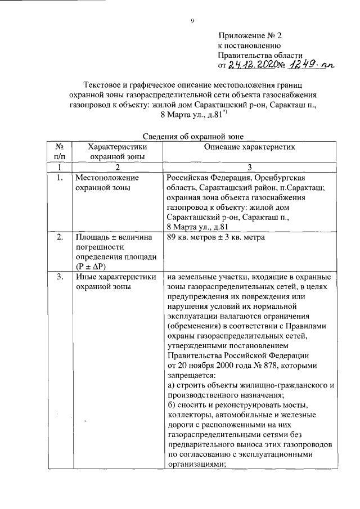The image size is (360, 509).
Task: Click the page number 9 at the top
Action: click(x=192, y=21)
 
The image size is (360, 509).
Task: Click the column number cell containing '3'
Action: click(x=250, y=168)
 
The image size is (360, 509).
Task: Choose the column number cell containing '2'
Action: click(x=118, y=168)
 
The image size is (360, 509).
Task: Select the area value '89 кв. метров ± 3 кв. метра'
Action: click(x=216, y=237)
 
